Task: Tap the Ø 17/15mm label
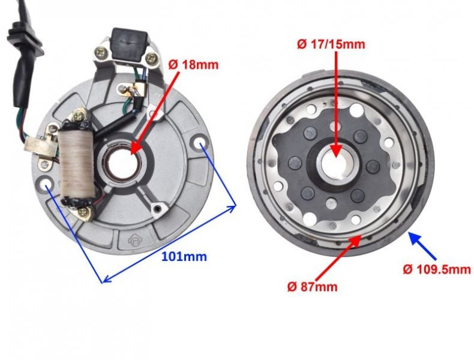331,44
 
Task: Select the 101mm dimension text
184,256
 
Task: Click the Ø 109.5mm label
436,269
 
